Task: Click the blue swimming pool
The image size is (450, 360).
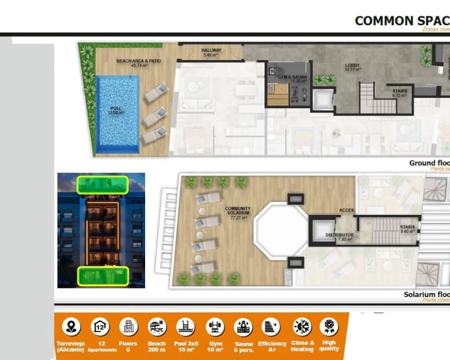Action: [x=118, y=114]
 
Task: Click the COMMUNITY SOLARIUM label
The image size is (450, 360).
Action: [x=238, y=212]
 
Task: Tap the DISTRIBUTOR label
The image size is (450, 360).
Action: [x=340, y=236]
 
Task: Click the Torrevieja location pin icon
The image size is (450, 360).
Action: [x=71, y=326]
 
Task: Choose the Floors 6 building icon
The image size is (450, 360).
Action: [x=128, y=326]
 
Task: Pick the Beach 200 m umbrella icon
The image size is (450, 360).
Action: [x=157, y=326]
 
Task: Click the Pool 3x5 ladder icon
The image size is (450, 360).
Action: [x=185, y=326]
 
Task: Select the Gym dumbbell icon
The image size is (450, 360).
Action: [x=214, y=326]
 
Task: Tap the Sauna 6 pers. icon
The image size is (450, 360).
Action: [x=243, y=326]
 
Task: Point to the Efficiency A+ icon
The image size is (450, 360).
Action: [x=272, y=326]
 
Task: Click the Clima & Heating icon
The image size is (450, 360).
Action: [x=301, y=326]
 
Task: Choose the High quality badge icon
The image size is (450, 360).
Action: [x=329, y=326]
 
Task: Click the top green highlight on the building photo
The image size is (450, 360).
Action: [x=102, y=184]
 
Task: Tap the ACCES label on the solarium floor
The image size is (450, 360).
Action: [x=346, y=210]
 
